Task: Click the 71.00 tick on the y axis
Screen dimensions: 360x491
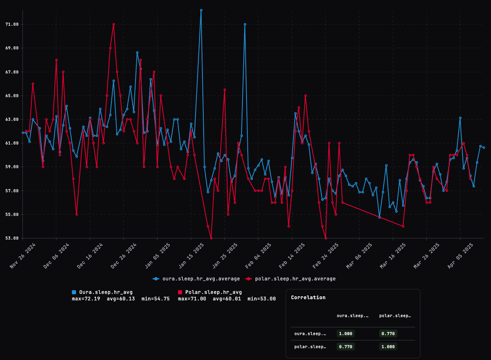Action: tap(12, 24)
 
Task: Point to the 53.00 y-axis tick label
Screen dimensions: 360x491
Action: tap(12, 238)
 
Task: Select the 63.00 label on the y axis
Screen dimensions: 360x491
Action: tap(12, 120)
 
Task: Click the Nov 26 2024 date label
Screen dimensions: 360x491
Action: tap(23, 256)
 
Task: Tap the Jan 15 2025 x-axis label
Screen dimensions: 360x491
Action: tap(191, 256)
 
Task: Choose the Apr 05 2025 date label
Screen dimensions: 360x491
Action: tap(460, 256)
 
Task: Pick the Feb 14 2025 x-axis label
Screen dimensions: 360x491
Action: tap(292, 256)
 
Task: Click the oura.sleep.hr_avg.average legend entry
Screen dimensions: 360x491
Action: tap(196, 279)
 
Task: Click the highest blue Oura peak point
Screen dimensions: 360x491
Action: tap(201, 10)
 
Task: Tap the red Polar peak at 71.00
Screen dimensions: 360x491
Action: tap(113, 24)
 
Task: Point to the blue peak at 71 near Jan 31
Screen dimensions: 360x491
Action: tap(245, 24)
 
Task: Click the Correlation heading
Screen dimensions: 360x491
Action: tap(308, 298)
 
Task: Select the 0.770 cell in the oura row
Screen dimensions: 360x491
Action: tap(388, 333)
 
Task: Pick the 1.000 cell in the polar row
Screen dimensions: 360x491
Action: tap(388, 347)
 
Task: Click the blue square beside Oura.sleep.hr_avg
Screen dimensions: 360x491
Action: tap(74, 292)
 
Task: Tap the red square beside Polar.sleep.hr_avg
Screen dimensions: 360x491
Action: tap(180, 292)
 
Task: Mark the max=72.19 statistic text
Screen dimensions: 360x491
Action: tap(86, 299)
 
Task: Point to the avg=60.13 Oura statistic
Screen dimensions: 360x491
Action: tap(121, 299)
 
